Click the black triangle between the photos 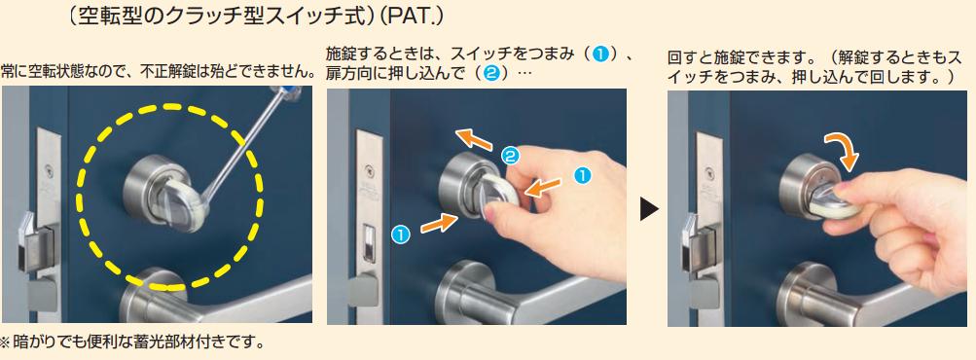649,209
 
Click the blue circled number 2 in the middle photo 510,157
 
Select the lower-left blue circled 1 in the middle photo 401,234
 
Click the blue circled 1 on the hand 581,176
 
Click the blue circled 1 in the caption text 599,54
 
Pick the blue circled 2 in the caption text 490,73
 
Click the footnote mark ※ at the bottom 6,342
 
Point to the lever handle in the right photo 872,299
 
